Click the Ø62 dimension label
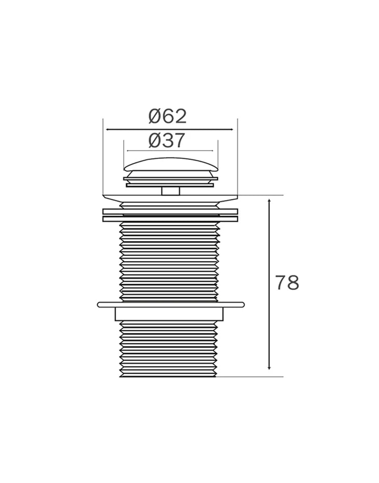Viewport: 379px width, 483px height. click(168, 116)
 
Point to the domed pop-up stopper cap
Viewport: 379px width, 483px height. click(171, 164)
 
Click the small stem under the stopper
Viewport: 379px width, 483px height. click(171, 191)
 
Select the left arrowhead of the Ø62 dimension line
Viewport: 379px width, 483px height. click(108, 130)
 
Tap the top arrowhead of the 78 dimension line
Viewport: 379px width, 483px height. click(269, 201)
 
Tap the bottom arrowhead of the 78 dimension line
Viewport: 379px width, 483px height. click(269, 367)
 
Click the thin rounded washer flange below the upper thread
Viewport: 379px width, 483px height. click(171, 305)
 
